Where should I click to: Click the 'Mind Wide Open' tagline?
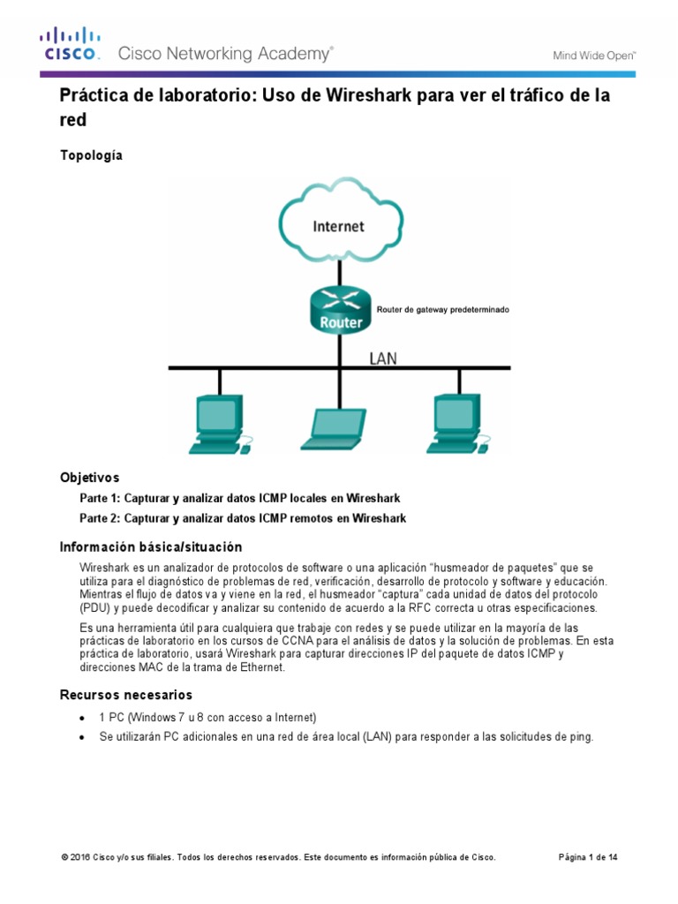[x=594, y=56]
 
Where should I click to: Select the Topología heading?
[x=91, y=155]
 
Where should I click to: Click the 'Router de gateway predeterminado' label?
[x=443, y=311]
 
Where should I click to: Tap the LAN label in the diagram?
[x=383, y=358]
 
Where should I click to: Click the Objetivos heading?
[x=89, y=478]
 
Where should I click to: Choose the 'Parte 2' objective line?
[x=243, y=518]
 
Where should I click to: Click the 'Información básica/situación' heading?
[x=150, y=547]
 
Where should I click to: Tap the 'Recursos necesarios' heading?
[x=125, y=695]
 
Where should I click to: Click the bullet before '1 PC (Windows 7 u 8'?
[x=82, y=718]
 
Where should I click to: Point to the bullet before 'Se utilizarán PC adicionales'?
[x=82, y=737]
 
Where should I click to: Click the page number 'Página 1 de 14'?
[x=589, y=857]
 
